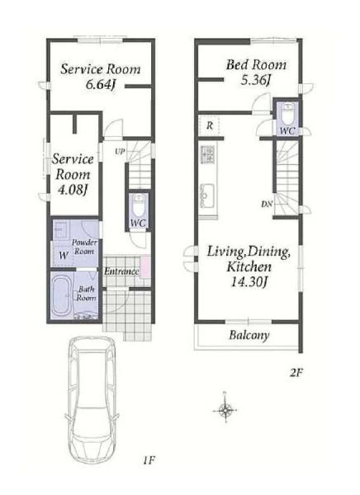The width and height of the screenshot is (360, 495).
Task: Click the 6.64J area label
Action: tap(100, 84)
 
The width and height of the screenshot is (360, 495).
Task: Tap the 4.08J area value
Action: tap(73, 190)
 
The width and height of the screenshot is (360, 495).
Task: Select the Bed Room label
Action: tap(256, 64)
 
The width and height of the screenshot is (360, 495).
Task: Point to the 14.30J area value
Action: tap(249, 282)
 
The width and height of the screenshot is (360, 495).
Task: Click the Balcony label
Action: tap(249, 335)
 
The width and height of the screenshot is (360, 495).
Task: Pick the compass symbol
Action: tap(225, 410)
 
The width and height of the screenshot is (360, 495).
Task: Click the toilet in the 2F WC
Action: tap(287, 114)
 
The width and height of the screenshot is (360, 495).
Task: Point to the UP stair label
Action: tap(120, 152)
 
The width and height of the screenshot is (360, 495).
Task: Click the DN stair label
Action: tap(267, 205)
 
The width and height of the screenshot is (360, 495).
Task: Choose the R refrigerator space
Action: tap(209, 125)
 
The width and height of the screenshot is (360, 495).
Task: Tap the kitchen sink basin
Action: tap(206, 192)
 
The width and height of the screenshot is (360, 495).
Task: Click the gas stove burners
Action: tap(207, 153)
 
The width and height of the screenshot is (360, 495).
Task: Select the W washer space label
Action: tap(64, 255)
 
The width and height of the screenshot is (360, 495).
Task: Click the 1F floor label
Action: tap(149, 460)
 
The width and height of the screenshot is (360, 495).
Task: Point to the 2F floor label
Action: tap(296, 373)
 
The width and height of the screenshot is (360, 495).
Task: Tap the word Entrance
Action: tap(121, 271)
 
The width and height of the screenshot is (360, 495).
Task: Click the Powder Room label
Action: tap(84, 247)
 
